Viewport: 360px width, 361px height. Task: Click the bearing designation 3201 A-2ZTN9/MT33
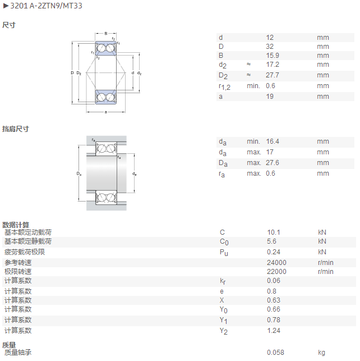[x=46, y=6]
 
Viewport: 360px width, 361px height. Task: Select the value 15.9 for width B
[x=273, y=56]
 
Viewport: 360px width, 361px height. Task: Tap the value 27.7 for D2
[x=273, y=75]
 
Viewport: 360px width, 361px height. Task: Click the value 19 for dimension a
[x=270, y=96]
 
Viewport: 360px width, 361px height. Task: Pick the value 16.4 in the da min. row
[x=273, y=141]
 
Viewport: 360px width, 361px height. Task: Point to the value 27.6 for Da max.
[x=273, y=163]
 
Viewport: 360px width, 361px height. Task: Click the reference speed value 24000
[x=276, y=262]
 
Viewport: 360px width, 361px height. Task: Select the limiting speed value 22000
[x=276, y=272]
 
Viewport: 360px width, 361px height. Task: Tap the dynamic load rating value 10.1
[x=274, y=232]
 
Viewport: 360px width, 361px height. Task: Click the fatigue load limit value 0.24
[x=274, y=252]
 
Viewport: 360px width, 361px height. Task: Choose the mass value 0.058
[x=275, y=352]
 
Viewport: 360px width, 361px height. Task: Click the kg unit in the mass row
[x=322, y=353]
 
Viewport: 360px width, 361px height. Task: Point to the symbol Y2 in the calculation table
[x=223, y=331]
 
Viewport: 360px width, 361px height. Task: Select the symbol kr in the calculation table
[x=223, y=281]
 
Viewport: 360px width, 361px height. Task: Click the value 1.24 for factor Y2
[x=274, y=331]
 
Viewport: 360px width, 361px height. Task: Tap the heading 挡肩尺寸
[x=16, y=129]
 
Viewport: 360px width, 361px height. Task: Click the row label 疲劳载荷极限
[x=25, y=252]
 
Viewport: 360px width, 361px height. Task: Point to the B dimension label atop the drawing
[x=106, y=33]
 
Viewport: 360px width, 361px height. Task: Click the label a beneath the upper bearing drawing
[x=106, y=112]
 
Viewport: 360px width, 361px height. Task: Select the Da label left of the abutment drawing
[x=79, y=173]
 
